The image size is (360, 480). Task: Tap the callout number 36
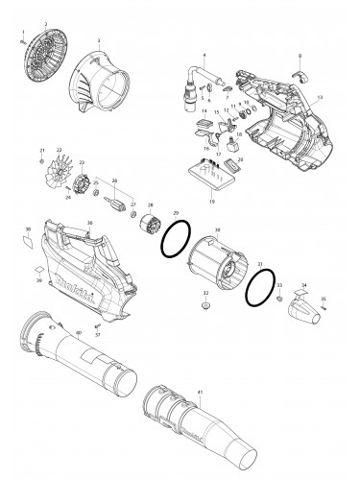(89, 225)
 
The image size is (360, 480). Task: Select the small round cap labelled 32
(205, 304)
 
